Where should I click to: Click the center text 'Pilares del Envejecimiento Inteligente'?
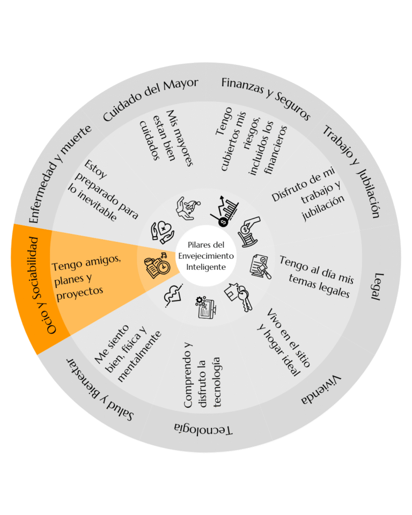[206, 256]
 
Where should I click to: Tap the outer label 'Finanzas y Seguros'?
[266, 97]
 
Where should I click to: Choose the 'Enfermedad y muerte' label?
[59, 174]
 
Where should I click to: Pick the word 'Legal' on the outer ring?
[377, 286]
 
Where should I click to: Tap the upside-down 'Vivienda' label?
[321, 390]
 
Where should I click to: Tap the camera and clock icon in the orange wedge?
[158, 266]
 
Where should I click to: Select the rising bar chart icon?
[224, 211]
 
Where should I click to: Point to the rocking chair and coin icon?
[249, 232]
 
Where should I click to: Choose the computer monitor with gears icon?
[206, 307]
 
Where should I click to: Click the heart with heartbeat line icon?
[173, 295]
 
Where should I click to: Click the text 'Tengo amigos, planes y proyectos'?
[86, 278]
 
